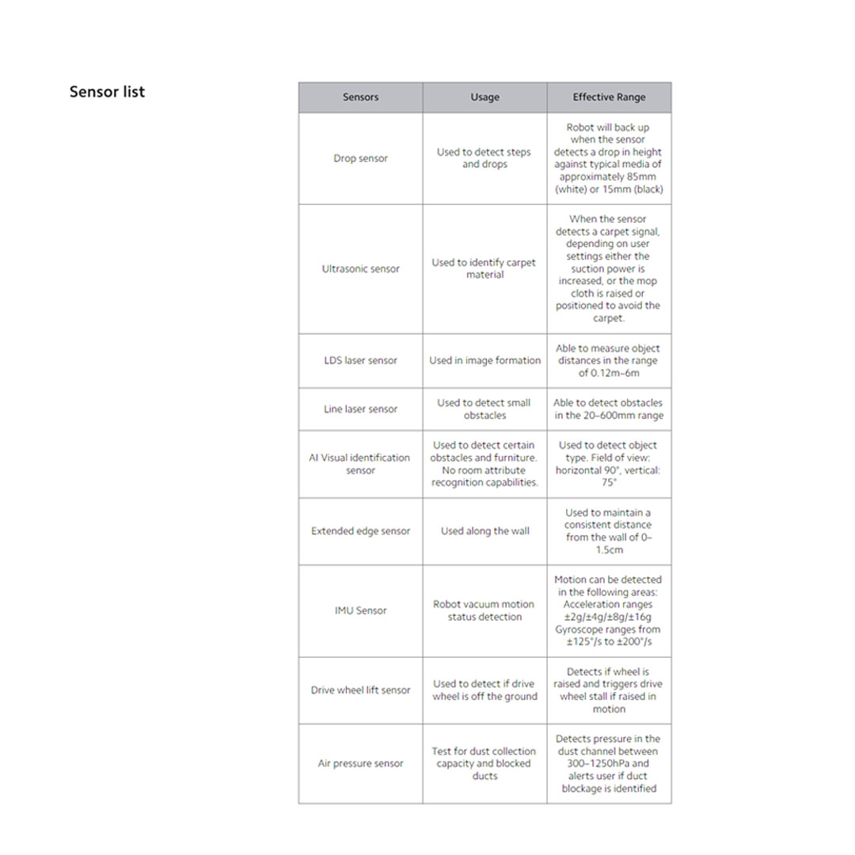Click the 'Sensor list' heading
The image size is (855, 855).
(x=107, y=92)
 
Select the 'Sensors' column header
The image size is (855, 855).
(x=360, y=97)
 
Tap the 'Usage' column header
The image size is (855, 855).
(x=484, y=97)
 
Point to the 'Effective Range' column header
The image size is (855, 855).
(x=609, y=97)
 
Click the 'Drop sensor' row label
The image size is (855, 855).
(x=360, y=158)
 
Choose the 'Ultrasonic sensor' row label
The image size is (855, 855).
(x=360, y=269)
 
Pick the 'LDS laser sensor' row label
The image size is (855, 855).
(x=360, y=360)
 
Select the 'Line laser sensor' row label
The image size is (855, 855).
(x=360, y=409)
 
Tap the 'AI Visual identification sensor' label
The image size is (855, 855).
(x=360, y=464)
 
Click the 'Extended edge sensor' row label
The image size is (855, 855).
(x=360, y=531)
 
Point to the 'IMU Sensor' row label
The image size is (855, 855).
(x=360, y=610)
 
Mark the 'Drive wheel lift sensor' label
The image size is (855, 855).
(x=360, y=690)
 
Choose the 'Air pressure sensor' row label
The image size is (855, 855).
(x=360, y=764)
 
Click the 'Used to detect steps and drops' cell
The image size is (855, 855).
(x=484, y=158)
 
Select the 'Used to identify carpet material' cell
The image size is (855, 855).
(x=484, y=268)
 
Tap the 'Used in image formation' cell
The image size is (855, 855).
(x=484, y=360)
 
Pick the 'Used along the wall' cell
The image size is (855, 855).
(x=484, y=531)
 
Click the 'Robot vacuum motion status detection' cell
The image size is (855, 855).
(x=484, y=610)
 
